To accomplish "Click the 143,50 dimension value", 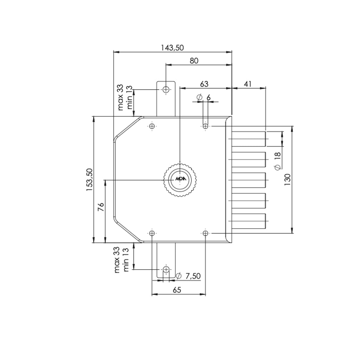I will tap(172, 48).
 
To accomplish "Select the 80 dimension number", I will tap(194, 61).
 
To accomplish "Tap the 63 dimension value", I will tap(204, 84).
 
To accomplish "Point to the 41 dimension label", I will tap(248, 84).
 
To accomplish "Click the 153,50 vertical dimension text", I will tap(90, 179).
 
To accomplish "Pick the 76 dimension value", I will tap(101, 207).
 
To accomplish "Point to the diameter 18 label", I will tap(277, 161).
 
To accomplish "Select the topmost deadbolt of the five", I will tap(248, 139).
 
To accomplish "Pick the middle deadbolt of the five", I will tap(248, 180).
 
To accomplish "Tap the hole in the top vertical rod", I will tap(166, 89).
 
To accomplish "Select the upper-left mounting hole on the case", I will tap(152, 126).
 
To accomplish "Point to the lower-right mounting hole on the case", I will tap(206, 233).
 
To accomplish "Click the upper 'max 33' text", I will tap(121, 97).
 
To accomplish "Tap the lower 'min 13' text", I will tap(126, 258).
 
